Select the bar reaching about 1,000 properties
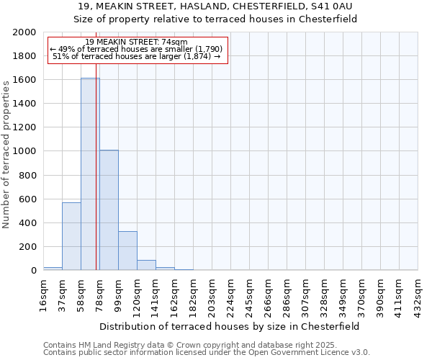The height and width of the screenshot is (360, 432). (109, 210)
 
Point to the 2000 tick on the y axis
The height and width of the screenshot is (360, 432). (25, 32)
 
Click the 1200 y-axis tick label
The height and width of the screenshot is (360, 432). (25, 127)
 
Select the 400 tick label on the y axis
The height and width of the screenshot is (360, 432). (28, 223)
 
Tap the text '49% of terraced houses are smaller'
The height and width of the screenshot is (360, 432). (137, 49)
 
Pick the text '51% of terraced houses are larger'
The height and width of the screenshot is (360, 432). (137, 56)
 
